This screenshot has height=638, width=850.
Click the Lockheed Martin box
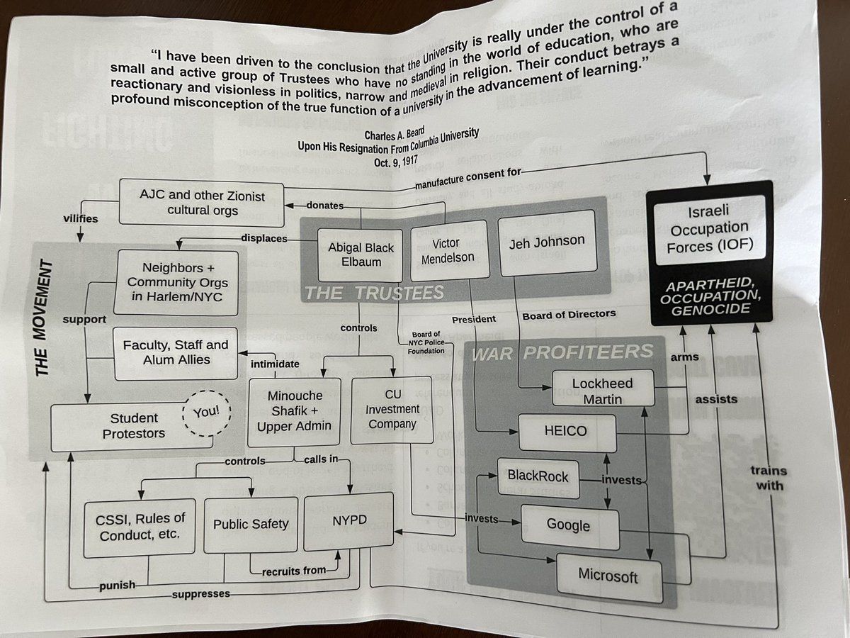coord(602,391)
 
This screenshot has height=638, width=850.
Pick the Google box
coord(569,526)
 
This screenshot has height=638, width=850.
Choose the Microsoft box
coord(608,575)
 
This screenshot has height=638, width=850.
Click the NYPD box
coord(349,521)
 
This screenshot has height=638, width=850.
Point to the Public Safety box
coord(251,525)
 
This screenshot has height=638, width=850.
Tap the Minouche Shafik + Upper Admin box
coord(294,411)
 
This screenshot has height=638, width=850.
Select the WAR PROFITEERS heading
coord(562,352)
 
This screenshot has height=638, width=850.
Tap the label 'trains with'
coord(769,478)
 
